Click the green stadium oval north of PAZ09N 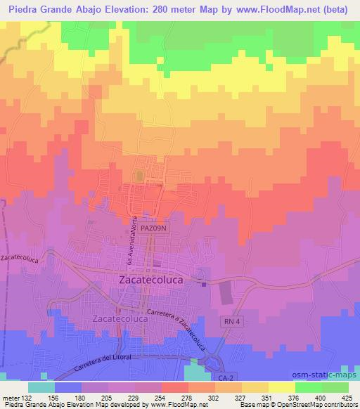point(139,176)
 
